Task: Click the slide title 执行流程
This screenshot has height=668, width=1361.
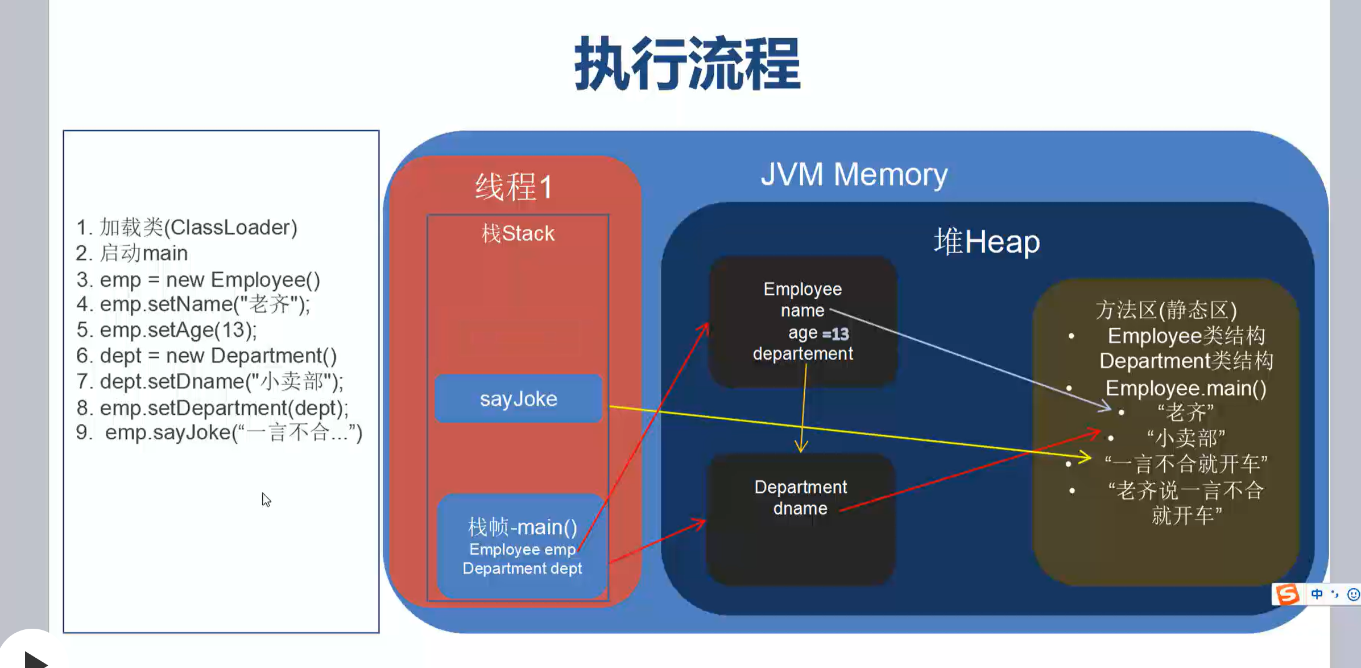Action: (x=687, y=64)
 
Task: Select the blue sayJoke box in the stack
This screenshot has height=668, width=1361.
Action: (x=518, y=399)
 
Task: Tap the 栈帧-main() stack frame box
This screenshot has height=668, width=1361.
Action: (x=522, y=546)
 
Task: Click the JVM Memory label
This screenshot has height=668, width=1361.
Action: (x=854, y=174)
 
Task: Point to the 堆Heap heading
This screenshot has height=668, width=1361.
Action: (x=987, y=242)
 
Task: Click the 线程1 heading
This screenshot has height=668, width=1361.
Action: (x=514, y=187)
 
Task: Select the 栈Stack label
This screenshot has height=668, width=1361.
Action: (x=518, y=233)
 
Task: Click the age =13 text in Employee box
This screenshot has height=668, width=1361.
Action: (x=818, y=333)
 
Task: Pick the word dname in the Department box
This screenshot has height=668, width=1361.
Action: (x=800, y=508)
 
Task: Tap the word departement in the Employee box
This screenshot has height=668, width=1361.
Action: (x=802, y=354)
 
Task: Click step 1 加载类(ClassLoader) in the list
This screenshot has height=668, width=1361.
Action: (x=187, y=228)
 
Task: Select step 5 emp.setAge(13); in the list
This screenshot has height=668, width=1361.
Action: (x=167, y=330)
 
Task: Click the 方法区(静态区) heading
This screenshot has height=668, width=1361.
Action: (x=1166, y=310)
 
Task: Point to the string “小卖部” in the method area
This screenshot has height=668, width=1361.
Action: (x=1186, y=438)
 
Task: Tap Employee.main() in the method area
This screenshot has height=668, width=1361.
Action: (x=1186, y=388)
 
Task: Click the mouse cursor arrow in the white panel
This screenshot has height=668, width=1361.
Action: (x=266, y=499)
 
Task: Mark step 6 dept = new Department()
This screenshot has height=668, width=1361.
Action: (x=207, y=356)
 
